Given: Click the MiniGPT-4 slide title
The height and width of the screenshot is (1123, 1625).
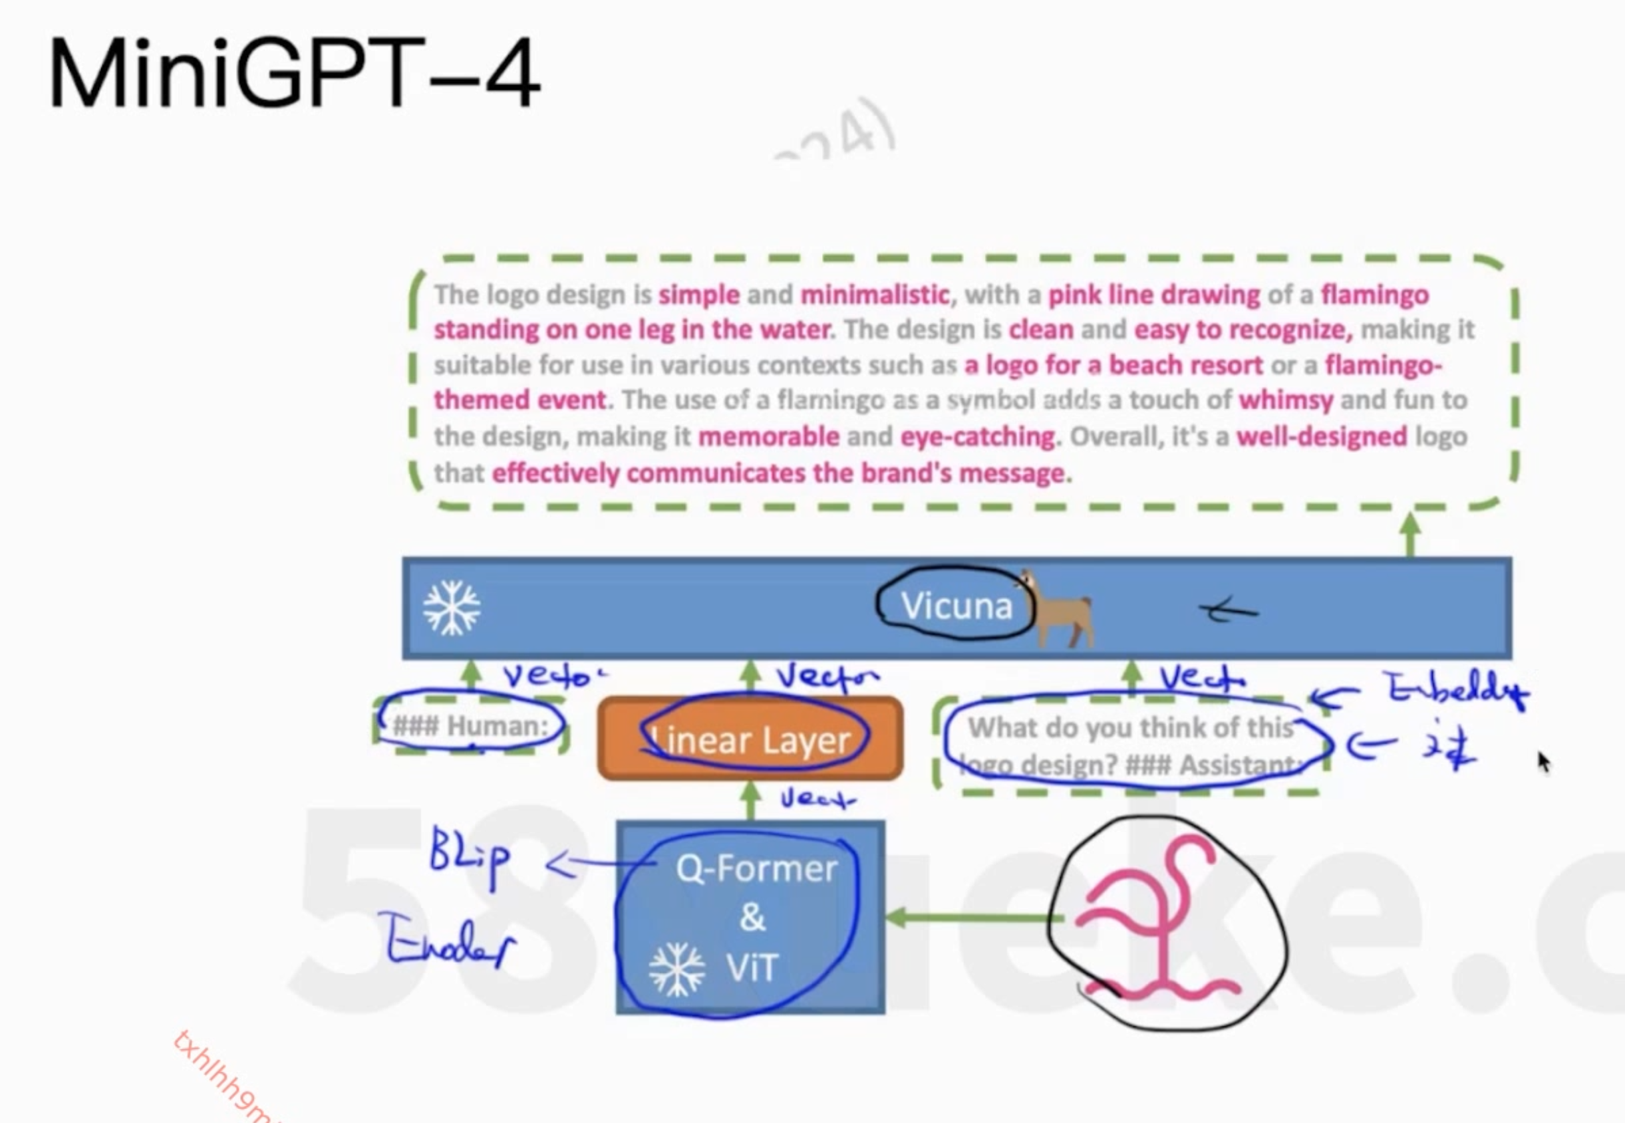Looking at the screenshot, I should coord(294,73).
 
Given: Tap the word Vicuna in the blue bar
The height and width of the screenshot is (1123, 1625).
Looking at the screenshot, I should coord(957,606).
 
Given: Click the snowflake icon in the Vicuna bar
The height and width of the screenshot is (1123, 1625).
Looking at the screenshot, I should coord(452,607).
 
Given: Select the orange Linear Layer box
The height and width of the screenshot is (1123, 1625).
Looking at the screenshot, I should coord(750,739).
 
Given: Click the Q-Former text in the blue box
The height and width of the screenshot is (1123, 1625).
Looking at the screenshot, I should coord(756,869).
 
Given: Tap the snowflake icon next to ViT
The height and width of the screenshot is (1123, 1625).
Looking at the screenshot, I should coord(676,969).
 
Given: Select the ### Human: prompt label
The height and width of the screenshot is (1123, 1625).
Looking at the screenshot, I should coord(470,725).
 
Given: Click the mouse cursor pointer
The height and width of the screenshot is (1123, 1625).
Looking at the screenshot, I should coord(1543,762).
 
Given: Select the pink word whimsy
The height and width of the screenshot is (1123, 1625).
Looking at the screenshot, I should coord(1286,400).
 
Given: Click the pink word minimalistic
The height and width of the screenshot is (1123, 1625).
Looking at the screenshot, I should coord(875,294).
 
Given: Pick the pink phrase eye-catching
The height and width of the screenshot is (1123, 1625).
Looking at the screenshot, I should coord(978,437).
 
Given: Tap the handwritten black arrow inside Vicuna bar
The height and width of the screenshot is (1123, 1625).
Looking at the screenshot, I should coord(1228,611).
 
